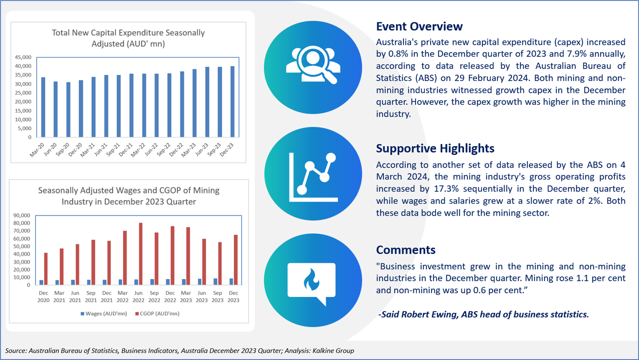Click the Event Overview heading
coord(419,26)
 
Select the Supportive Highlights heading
coord(435,148)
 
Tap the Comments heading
coord(406,250)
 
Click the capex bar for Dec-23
coord(232,102)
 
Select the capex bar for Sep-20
coord(68,110)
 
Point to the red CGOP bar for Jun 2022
coord(140,254)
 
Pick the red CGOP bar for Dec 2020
coord(46,269)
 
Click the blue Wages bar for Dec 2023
coord(231,282)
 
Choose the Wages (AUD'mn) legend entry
coord(104,314)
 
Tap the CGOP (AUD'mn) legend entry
coord(157,314)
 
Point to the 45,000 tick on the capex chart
coord(23,57)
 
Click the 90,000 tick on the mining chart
coord(22,215)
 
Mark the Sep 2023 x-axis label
coord(217,296)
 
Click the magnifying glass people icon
coord(313,65)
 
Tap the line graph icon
coord(313,177)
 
